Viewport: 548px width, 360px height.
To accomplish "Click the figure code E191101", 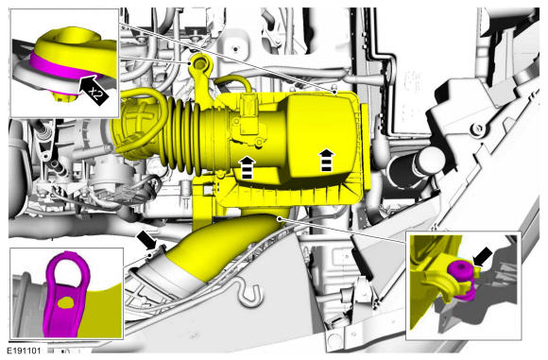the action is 24,351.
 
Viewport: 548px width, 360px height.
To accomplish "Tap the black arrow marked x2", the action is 94,91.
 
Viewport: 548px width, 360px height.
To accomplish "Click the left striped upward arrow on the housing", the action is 248,167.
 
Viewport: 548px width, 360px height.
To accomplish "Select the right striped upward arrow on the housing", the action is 326,160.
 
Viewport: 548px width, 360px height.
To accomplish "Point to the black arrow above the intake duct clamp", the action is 146,239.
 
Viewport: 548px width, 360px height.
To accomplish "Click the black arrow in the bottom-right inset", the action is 483,257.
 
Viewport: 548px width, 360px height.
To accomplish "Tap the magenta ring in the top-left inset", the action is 62,67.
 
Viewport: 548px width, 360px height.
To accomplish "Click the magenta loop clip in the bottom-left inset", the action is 65,294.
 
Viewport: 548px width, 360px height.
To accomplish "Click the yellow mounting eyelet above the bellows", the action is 199,64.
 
